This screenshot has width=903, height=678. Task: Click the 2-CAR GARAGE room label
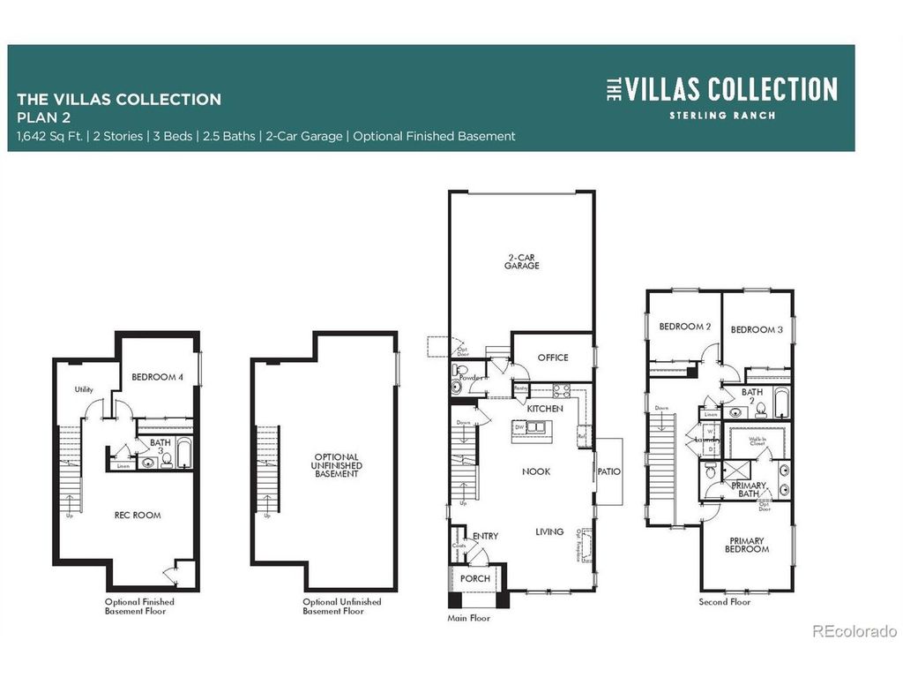(522, 261)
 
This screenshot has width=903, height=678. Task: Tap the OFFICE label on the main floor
(553, 358)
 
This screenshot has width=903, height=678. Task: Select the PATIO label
(608, 471)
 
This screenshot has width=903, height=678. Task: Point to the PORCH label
(475, 579)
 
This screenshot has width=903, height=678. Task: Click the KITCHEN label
(545, 410)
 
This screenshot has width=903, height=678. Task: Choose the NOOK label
(535, 471)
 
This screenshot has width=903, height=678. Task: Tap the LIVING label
(549, 531)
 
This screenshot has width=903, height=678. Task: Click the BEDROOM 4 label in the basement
(157, 377)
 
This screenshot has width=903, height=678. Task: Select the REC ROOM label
(137, 515)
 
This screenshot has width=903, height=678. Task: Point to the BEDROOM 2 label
(685, 327)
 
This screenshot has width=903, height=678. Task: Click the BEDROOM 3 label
(757, 329)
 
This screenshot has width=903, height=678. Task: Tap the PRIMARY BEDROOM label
(747, 545)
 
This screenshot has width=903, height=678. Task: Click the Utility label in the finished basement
(84, 389)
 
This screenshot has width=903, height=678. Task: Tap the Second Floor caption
(725, 602)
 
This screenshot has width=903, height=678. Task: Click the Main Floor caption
(468, 619)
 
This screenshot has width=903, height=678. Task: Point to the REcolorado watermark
(854, 631)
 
